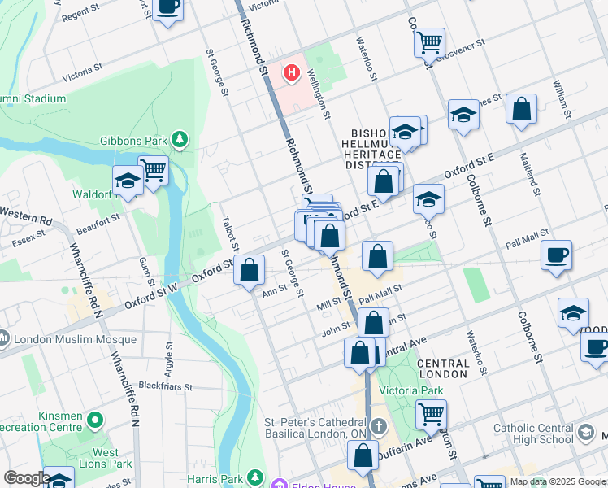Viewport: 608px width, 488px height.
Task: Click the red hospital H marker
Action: coord(291,73)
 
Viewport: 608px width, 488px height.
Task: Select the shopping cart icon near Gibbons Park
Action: coord(152,170)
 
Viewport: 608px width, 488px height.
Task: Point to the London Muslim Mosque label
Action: coord(59,337)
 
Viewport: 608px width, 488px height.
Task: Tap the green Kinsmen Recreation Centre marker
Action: coord(95,420)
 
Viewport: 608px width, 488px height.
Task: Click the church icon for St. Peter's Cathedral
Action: coord(378,426)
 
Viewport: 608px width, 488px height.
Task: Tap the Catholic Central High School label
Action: coord(542,434)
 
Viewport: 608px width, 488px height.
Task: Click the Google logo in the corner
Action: coord(26,478)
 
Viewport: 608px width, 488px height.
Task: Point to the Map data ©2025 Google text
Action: coord(558,481)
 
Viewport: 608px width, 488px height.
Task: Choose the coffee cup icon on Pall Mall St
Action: coord(556,255)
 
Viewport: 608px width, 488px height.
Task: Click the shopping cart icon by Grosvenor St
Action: coord(429,41)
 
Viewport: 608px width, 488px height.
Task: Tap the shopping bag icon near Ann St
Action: coord(250,269)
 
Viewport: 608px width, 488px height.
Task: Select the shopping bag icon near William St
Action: coord(521,109)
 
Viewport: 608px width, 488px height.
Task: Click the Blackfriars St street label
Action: coord(164,386)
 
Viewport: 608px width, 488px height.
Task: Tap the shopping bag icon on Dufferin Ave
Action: coord(363,455)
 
